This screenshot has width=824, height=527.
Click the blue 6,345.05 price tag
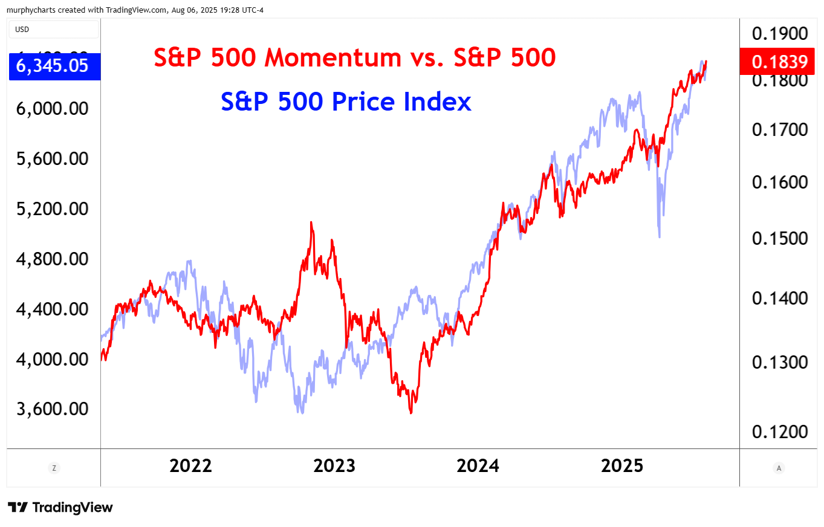[53, 66]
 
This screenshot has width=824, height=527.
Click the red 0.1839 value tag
[780, 62]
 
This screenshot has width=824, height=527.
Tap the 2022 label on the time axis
[190, 466]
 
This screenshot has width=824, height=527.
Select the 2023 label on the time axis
[334, 466]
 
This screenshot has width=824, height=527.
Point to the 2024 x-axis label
[478, 466]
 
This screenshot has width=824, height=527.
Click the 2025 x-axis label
[623, 466]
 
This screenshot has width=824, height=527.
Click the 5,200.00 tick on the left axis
[53, 209]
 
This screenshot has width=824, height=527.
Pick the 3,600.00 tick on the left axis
[53, 409]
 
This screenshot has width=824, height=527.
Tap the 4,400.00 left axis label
[53, 309]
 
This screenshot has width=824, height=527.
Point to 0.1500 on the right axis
[780, 238]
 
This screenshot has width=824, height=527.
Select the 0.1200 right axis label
[780, 432]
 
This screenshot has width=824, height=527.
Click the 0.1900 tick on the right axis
[780, 33]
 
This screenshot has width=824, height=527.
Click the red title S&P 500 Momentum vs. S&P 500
[354, 58]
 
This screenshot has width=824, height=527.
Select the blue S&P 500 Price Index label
[346, 102]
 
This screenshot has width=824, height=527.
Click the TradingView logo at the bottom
[60, 507]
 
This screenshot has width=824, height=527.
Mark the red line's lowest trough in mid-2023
[411, 413]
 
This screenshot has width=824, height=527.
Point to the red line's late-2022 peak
[311, 222]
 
